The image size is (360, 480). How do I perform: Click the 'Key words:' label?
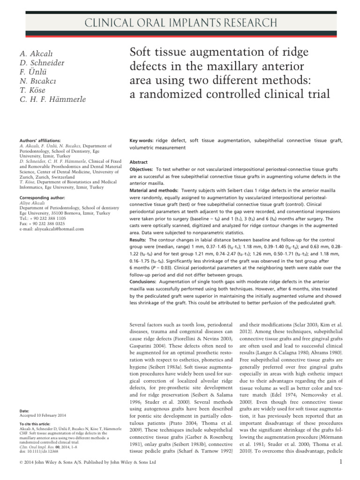tap(141, 141)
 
